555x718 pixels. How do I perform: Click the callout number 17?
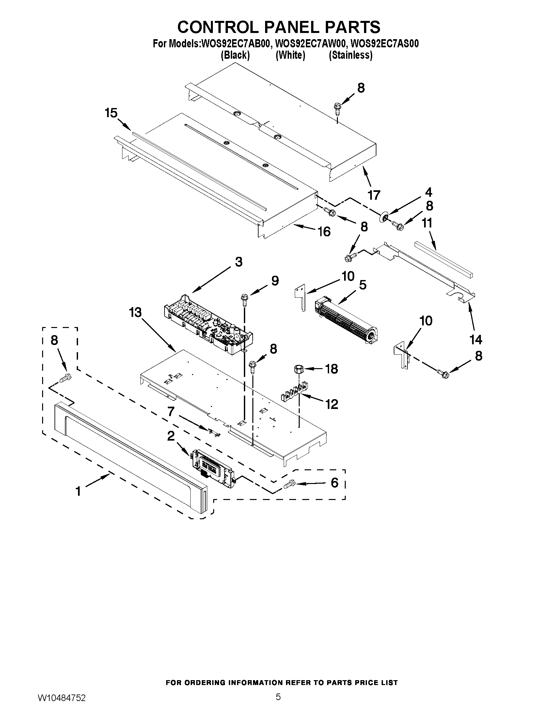tap(374, 195)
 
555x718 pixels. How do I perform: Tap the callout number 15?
tap(111, 113)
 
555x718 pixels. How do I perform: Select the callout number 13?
tap(135, 312)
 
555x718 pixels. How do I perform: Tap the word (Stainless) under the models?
tap(351, 55)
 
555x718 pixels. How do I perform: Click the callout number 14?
tap(475, 339)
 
